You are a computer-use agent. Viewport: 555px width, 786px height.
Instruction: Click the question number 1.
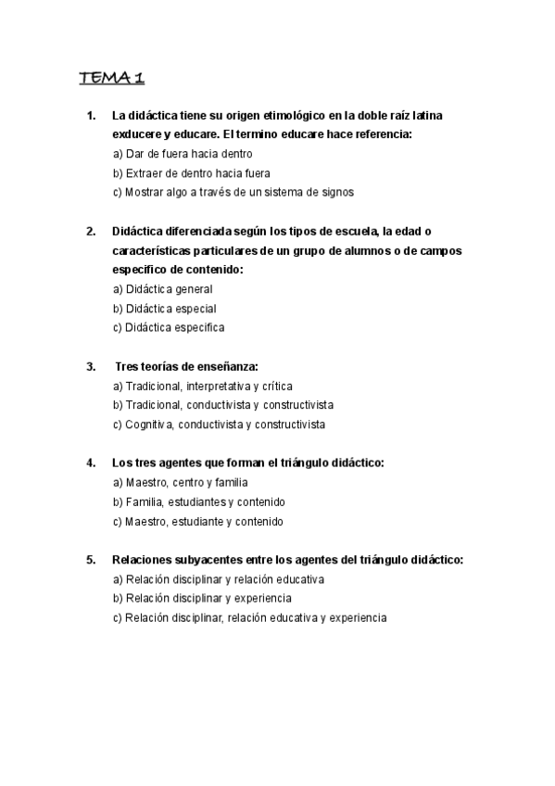point(90,116)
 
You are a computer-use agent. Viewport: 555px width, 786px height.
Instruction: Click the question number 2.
point(90,232)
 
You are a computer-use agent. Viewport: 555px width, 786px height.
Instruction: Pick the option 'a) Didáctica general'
point(162,289)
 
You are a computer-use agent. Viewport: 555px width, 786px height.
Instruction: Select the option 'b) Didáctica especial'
point(164,309)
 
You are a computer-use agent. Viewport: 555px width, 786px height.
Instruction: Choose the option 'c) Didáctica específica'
point(168,328)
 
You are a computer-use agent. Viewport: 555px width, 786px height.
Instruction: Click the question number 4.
point(90,463)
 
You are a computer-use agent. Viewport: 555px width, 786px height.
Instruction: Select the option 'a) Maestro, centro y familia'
point(180,483)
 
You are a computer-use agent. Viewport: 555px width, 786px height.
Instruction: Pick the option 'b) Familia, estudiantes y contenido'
point(198,502)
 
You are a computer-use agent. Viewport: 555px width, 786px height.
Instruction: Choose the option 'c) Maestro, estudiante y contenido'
point(197,522)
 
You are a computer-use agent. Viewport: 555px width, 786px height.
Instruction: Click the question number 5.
point(90,560)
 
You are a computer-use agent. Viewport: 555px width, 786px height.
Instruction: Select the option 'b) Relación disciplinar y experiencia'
point(202,599)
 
